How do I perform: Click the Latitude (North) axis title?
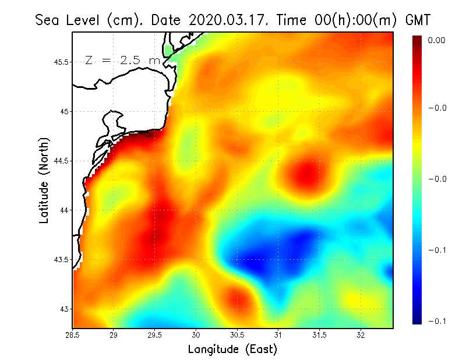(44, 180)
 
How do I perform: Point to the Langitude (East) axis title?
(232, 350)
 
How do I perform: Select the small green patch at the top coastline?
(170, 51)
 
